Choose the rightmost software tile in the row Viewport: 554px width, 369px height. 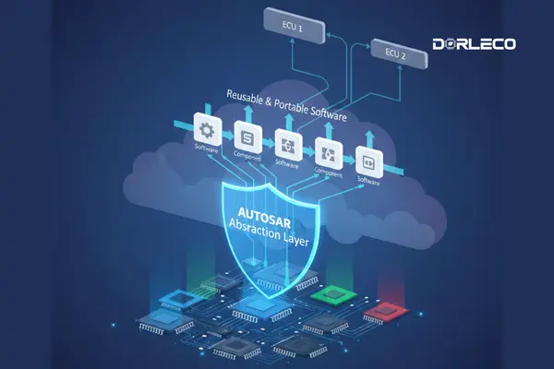(x=367, y=158)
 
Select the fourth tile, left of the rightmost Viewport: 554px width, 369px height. (x=327, y=150)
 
